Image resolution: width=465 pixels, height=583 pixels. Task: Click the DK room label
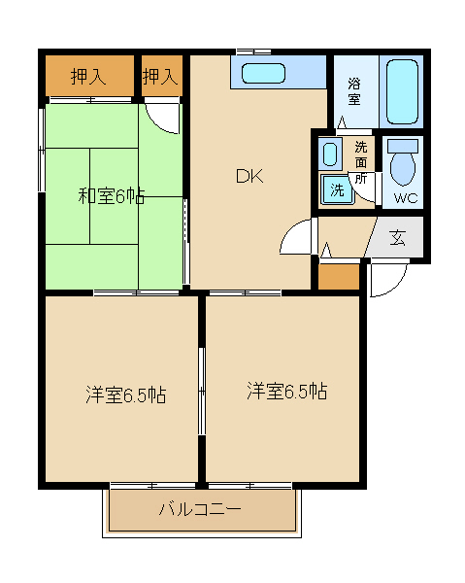(249, 176)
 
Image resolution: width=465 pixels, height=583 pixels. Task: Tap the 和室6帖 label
(111, 196)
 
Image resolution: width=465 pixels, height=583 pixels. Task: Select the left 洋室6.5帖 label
(124, 395)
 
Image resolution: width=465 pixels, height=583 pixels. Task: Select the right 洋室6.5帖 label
(285, 392)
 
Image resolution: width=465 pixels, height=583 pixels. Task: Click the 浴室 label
(354, 91)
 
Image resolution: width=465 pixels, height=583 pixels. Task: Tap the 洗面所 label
(360, 162)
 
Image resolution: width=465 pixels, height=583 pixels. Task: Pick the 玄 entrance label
(399, 238)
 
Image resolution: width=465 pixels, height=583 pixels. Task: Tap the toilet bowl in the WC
(402, 165)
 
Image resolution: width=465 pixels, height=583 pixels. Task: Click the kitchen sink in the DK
(262, 74)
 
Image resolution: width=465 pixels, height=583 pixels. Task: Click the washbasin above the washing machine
(331, 154)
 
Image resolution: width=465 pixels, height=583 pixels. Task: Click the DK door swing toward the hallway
(296, 238)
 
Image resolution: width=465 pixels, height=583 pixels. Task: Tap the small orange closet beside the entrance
(339, 276)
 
